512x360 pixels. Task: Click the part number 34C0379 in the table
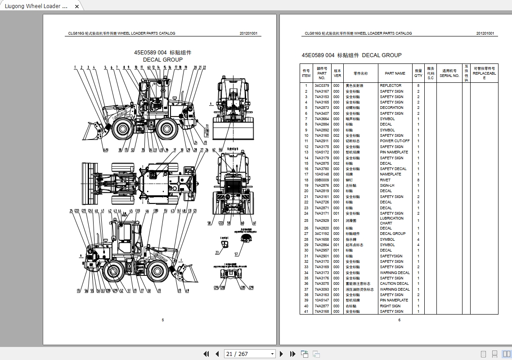pyautogui.click(x=322, y=85)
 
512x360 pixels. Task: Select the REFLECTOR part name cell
pyautogui.click(x=391, y=85)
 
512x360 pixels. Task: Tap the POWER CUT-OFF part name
pyautogui.click(x=395, y=141)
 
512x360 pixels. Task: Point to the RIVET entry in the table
pyautogui.click(x=385, y=180)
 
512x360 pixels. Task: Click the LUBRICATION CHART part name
pyautogui.click(x=391, y=220)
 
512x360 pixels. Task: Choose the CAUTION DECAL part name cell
pyautogui.click(x=394, y=283)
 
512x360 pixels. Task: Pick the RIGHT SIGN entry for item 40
pyautogui.click(x=390, y=306)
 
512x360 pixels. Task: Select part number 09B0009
pyautogui.click(x=322, y=180)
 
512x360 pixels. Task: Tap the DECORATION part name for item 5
pyautogui.click(x=391, y=108)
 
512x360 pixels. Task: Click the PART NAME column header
pyautogui.click(x=395, y=73)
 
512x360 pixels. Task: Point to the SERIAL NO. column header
pyautogui.click(x=449, y=73)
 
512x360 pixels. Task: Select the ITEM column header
pyautogui.click(x=306, y=73)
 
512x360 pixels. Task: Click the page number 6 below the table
pyautogui.click(x=399, y=320)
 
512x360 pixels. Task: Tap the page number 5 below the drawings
pyautogui.click(x=163, y=320)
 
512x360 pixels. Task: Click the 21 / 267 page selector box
pyautogui.click(x=250, y=354)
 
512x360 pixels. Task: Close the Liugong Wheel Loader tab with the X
pyautogui.click(x=77, y=6)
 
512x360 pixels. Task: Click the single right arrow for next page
pyautogui.click(x=282, y=354)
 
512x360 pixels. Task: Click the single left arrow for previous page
pyautogui.click(x=217, y=354)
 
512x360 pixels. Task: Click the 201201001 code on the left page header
pyautogui.click(x=248, y=33)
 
